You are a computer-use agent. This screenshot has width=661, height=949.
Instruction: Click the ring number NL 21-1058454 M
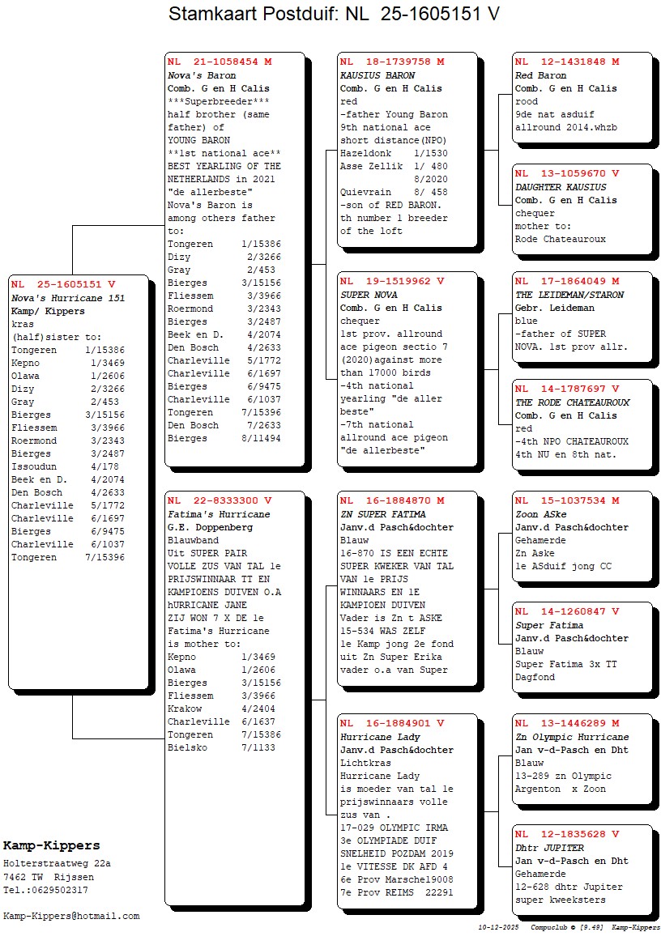tap(220, 62)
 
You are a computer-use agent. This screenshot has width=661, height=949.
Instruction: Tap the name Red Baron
tap(535, 75)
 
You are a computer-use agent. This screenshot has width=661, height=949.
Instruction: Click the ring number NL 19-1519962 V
tap(392, 282)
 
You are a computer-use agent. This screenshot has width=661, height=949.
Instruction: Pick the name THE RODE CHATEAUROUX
tap(572, 402)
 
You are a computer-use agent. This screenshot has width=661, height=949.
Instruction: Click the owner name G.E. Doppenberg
tap(210, 527)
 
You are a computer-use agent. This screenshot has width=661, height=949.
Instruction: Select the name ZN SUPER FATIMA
tap(382, 514)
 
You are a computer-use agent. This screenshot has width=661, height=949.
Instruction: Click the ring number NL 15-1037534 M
tap(567, 500)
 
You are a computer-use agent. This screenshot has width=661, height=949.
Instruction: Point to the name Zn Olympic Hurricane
tap(572, 737)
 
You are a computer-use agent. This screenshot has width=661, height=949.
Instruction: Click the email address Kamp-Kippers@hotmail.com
tap(71, 916)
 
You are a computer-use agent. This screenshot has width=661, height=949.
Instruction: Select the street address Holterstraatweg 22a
tap(57, 864)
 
